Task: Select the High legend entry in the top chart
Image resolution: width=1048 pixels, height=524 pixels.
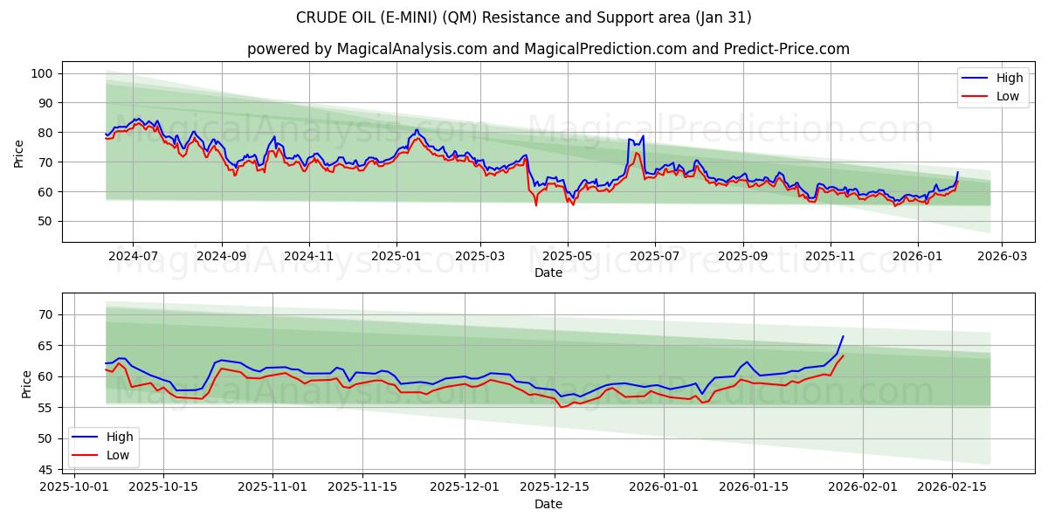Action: (x=995, y=79)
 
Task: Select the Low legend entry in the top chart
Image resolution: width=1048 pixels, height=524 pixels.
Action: (x=995, y=96)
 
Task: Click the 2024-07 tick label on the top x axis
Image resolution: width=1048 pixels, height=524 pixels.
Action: (x=133, y=256)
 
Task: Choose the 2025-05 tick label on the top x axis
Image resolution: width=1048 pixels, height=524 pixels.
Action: (x=568, y=256)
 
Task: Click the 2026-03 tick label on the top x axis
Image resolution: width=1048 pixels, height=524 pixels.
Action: (x=1001, y=256)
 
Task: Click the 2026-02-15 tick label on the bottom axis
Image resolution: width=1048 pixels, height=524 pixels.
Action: (x=951, y=487)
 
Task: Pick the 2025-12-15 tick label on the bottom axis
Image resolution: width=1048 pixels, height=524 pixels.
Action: (x=555, y=487)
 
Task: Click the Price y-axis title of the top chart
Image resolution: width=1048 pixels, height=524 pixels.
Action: (x=19, y=153)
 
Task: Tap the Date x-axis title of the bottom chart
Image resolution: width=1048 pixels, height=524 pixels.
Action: (x=548, y=504)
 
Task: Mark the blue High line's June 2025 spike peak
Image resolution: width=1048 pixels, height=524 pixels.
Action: (x=643, y=135)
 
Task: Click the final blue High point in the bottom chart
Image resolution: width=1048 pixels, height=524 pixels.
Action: (x=843, y=336)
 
